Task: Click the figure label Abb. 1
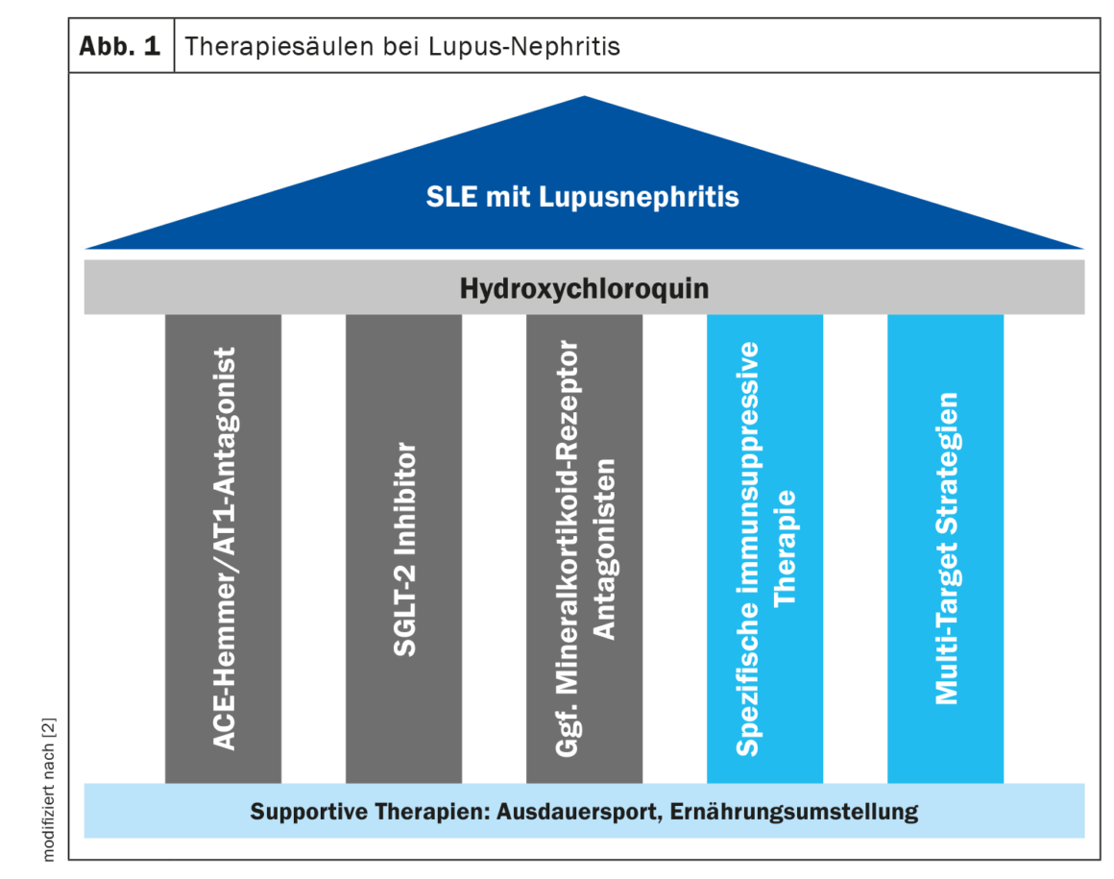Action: coord(121,45)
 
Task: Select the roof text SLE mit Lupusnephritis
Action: coord(583,197)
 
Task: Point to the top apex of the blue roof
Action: coord(584,98)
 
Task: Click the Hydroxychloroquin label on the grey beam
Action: coord(584,287)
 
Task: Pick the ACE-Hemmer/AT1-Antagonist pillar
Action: coord(223,548)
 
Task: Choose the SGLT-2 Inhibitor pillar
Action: coord(403,548)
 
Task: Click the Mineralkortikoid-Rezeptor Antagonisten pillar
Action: coord(584,548)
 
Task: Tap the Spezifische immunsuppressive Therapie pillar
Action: coord(764,548)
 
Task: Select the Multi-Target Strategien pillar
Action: coord(945,548)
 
